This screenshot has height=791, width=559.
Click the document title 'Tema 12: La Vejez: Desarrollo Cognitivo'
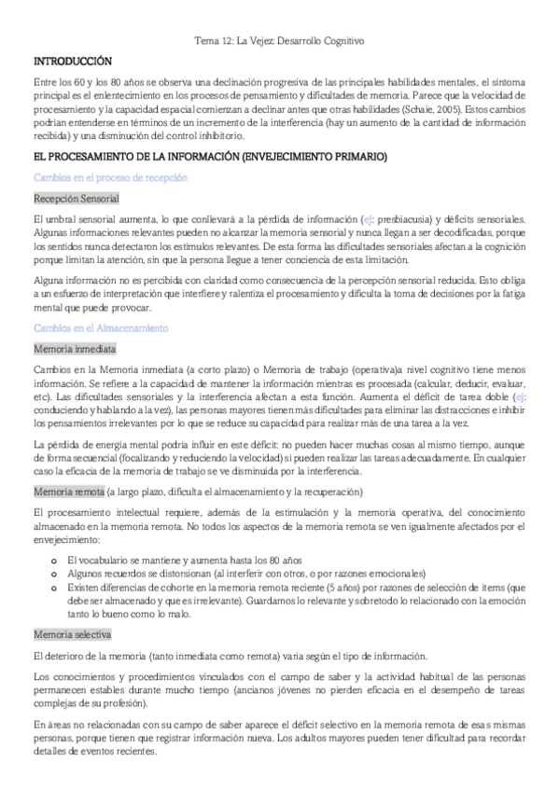click(x=278, y=41)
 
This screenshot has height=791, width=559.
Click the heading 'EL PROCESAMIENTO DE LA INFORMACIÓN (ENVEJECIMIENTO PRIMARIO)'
click(x=210, y=157)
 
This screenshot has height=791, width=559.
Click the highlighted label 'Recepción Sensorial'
click(x=75, y=199)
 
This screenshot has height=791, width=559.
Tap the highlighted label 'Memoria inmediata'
click(x=74, y=349)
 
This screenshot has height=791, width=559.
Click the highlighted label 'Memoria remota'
click(x=67, y=491)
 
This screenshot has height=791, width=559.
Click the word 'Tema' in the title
click(x=203, y=41)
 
